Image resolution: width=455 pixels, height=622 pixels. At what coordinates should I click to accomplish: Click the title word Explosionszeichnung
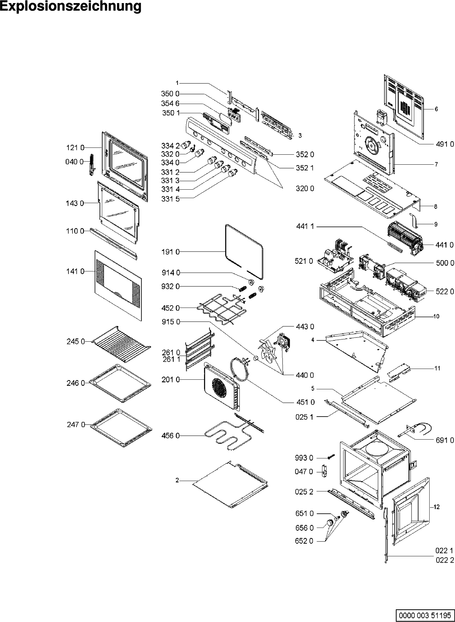(x=71, y=7)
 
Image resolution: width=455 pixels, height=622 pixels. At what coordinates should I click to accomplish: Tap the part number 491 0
(x=445, y=144)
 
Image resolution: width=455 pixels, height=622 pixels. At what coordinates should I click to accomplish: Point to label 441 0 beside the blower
(x=445, y=245)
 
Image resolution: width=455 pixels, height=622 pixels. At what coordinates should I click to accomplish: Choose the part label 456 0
(x=171, y=436)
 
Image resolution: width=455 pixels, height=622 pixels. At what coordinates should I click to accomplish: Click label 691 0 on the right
(x=445, y=440)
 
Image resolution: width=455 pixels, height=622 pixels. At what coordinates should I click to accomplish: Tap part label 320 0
(x=305, y=189)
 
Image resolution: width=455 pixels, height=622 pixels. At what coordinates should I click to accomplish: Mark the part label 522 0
(x=445, y=292)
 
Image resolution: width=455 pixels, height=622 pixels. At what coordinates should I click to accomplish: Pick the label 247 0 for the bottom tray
(x=75, y=424)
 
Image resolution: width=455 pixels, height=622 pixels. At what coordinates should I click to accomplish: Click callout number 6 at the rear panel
(x=436, y=109)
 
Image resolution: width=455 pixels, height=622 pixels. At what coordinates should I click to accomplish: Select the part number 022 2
(x=444, y=560)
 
